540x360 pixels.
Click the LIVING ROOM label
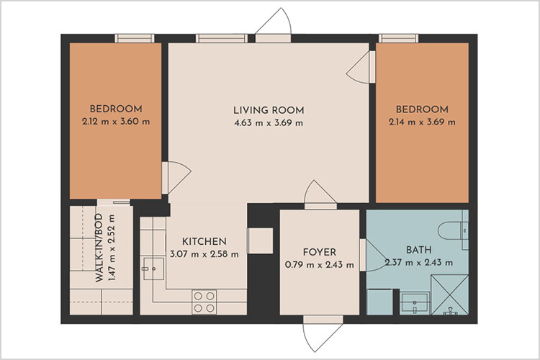pos(269,110)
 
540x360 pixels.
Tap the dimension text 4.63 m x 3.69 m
pos(269,122)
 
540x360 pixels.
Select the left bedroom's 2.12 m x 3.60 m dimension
pos(116,122)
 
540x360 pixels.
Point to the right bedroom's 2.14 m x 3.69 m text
pos(422,122)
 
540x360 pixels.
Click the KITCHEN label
pos(204,241)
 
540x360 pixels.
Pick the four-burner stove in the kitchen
pos(204,300)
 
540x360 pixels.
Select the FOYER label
pos(319,252)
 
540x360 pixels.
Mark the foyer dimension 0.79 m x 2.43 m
pos(319,264)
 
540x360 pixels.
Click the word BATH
pos(418,250)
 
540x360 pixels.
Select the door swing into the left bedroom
pos(175,176)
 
